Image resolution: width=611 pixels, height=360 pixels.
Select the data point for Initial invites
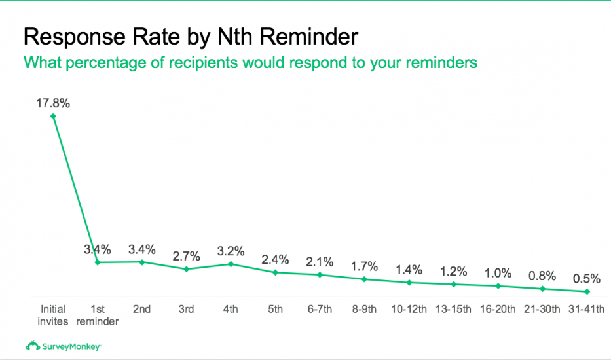pyautogui.click(x=53, y=116)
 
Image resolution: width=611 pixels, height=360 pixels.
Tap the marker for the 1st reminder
pyautogui.click(x=98, y=262)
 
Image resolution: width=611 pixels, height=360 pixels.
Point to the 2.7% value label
pyautogui.click(x=187, y=256)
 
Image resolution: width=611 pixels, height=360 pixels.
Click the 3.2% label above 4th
pyautogui.click(x=231, y=251)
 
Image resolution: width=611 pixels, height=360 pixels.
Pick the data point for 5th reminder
pyautogui.click(x=276, y=272)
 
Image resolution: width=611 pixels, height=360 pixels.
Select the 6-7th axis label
pyautogui.click(x=320, y=309)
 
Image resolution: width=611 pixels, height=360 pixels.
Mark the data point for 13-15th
pyautogui.click(x=454, y=284)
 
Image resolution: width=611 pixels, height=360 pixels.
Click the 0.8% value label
pyautogui.click(x=543, y=276)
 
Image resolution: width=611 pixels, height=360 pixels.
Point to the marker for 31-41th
pyautogui.click(x=587, y=291)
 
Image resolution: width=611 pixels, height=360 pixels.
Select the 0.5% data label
pyautogui.click(x=587, y=279)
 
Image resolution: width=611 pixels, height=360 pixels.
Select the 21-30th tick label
pyautogui.click(x=543, y=309)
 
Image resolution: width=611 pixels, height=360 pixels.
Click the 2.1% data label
pyautogui.click(x=320, y=262)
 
